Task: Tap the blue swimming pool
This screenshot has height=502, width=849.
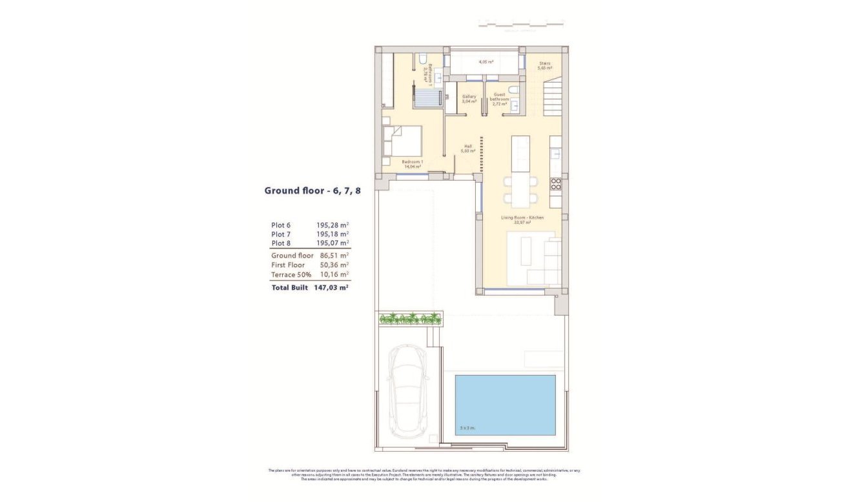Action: (x=505, y=405)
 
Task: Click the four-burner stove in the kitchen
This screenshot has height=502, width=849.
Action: (x=555, y=184)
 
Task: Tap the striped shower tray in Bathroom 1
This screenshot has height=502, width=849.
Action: (x=427, y=97)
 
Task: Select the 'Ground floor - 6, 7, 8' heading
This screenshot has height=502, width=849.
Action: (x=312, y=190)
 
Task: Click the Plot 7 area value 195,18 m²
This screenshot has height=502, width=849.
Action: (x=332, y=234)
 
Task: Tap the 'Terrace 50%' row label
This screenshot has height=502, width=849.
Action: (x=291, y=274)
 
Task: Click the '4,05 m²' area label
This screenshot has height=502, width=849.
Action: (x=486, y=62)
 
